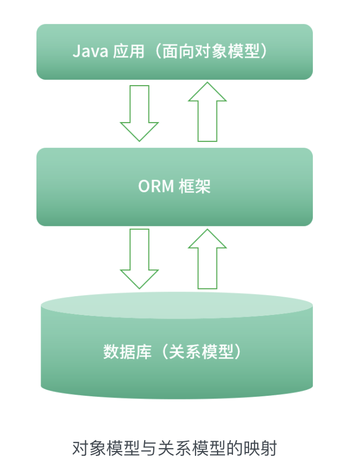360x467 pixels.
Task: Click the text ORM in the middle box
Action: [x=155, y=186]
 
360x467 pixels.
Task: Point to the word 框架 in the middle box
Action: [x=194, y=186]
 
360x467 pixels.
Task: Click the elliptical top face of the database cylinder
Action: [x=177, y=306]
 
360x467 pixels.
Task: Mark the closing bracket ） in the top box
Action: [x=273, y=51]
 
